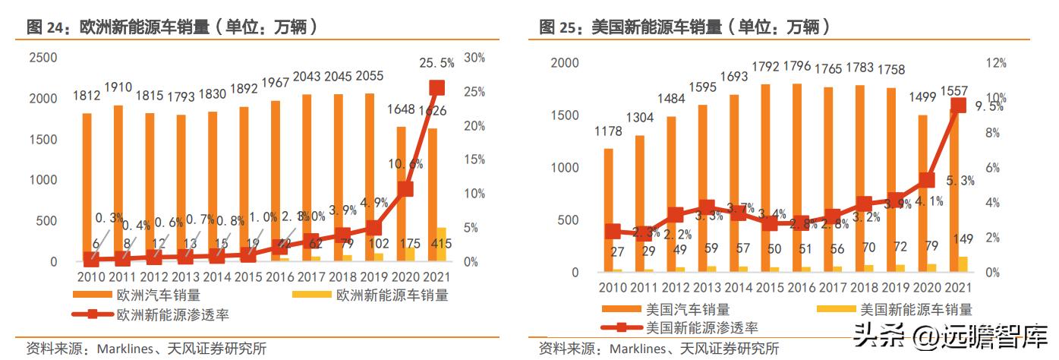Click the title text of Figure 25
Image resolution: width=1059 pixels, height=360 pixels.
685,27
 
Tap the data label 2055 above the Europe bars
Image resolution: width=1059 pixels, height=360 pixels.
368,76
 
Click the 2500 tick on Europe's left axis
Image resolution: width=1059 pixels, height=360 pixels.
43,58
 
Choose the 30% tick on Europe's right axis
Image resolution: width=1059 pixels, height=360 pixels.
474,58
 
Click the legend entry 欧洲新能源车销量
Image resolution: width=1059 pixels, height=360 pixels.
392,295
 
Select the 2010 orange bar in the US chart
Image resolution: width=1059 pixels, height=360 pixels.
608,209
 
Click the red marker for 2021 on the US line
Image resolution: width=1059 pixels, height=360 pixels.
959,106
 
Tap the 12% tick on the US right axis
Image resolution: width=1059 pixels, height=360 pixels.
996,64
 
